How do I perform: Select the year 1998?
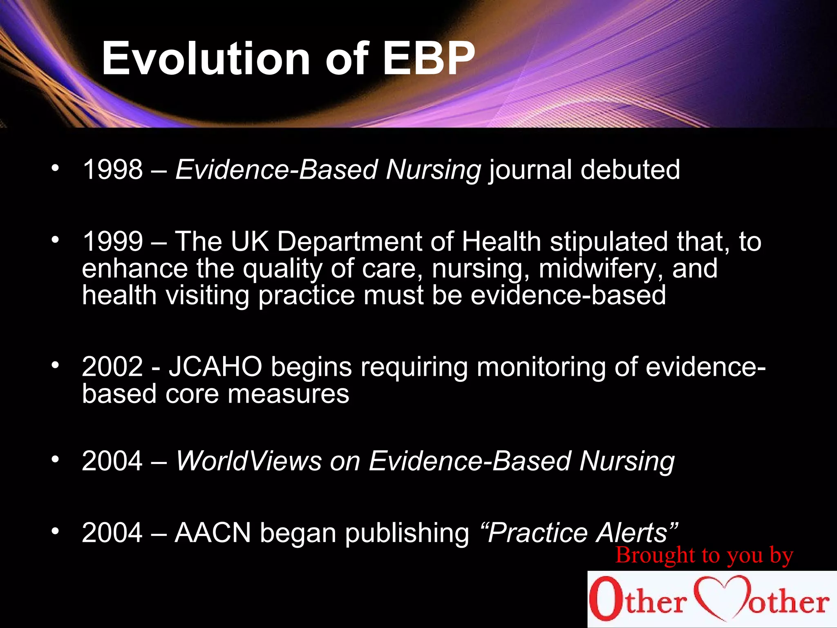pyautogui.click(x=113, y=169)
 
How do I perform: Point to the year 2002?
pyautogui.click(x=112, y=366)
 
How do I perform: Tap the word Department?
pyautogui.click(x=349, y=242)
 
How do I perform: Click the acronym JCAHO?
pyautogui.click(x=215, y=366)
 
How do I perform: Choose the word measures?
pyautogui.click(x=288, y=394)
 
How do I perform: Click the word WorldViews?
pyautogui.click(x=248, y=461)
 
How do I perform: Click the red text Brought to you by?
pyautogui.click(x=704, y=556)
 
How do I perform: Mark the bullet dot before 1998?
pyautogui.click(x=55, y=168)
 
